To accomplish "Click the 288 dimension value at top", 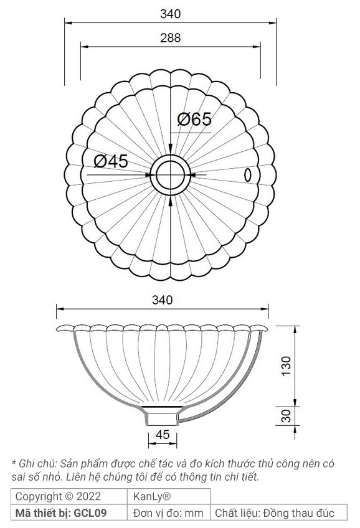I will click(x=169, y=38).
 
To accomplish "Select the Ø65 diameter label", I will click(x=194, y=120).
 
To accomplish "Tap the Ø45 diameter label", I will click(x=111, y=161).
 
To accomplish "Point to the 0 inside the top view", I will click(x=247, y=176).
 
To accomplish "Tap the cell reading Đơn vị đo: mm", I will click(x=169, y=512).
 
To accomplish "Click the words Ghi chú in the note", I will click(x=36, y=463).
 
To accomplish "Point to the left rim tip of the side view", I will click(x=58, y=328).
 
